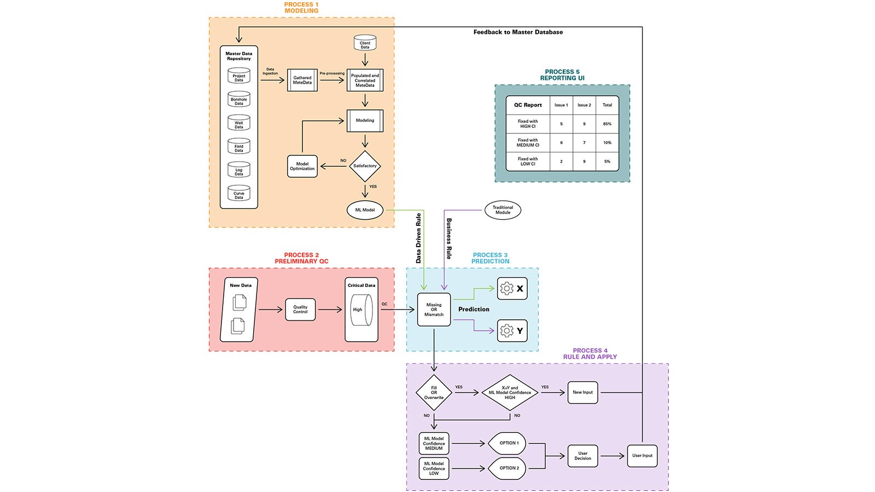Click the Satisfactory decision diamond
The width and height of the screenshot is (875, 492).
click(x=365, y=166)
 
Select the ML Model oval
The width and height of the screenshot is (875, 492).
click(x=365, y=210)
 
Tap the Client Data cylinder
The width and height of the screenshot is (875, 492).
click(x=365, y=44)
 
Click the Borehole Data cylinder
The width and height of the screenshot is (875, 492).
click(x=239, y=99)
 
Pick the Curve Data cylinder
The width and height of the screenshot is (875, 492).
click(x=239, y=194)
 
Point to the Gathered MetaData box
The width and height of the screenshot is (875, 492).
click(x=302, y=80)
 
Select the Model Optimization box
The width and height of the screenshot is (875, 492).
click(x=302, y=166)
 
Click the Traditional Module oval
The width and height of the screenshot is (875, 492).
click(x=503, y=210)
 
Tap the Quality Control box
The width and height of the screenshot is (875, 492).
click(x=300, y=309)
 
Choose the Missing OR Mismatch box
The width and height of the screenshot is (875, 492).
click(x=434, y=309)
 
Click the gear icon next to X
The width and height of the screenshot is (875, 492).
click(x=507, y=289)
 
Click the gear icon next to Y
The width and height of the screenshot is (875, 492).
click(x=507, y=331)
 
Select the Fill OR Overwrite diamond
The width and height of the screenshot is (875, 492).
click(x=434, y=393)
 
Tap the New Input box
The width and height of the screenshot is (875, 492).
click(x=582, y=393)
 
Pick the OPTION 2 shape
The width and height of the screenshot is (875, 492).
click(x=508, y=468)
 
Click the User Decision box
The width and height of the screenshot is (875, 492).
click(x=582, y=455)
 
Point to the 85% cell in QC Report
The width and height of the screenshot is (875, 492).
click(x=607, y=124)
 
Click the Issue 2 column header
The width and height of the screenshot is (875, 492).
click(x=584, y=105)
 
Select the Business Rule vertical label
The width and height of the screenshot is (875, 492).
click(x=449, y=238)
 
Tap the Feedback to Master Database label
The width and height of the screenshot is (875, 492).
click(x=518, y=32)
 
